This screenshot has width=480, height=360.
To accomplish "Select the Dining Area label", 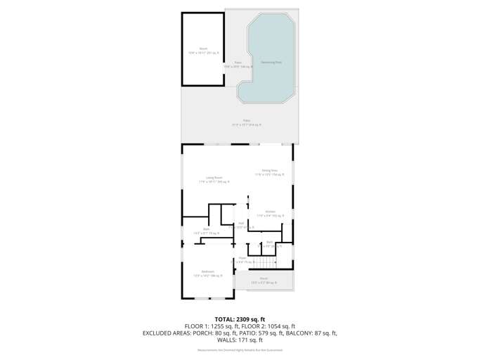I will [x=270, y=170].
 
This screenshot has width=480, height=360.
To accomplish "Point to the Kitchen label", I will [x=270, y=211].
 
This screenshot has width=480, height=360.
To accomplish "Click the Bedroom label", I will [x=207, y=271].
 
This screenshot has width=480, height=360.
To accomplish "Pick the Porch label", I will [x=264, y=278].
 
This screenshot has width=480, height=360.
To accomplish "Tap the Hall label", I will [x=240, y=223].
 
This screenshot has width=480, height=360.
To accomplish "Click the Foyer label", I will [x=242, y=258].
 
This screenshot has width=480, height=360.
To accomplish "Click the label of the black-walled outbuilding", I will [x=203, y=49].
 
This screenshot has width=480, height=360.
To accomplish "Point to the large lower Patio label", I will [x=247, y=120].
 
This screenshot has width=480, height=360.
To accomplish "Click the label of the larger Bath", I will [x=207, y=229].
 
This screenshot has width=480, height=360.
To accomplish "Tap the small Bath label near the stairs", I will [x=269, y=242].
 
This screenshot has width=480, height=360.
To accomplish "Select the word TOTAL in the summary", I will [x=227, y=319].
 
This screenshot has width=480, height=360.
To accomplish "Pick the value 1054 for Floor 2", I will [x=271, y=326].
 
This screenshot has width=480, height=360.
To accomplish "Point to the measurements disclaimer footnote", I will [x=240, y=349].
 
